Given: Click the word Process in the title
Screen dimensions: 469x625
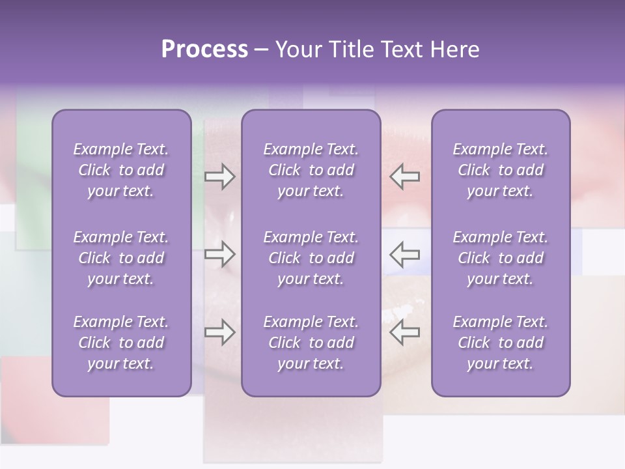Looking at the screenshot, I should pyautogui.click(x=204, y=50).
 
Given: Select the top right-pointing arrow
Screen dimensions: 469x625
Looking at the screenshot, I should pyautogui.click(x=219, y=177).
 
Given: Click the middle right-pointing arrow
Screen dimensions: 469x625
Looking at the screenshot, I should pyautogui.click(x=219, y=254).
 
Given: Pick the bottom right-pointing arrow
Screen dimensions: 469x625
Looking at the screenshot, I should pyautogui.click(x=219, y=332).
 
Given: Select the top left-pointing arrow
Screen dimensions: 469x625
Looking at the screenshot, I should pyautogui.click(x=405, y=177).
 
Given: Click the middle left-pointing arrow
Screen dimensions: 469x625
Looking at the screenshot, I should pyautogui.click(x=405, y=254).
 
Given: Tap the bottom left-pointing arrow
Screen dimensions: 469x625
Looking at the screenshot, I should pyautogui.click(x=405, y=332).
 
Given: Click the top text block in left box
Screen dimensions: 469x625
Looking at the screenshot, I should pyautogui.click(x=121, y=170).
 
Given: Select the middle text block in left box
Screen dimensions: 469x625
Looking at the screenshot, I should pyautogui.click(x=121, y=258).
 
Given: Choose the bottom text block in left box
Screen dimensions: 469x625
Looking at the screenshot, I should pyautogui.click(x=121, y=343).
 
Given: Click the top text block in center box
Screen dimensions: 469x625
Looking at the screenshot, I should pyautogui.click(x=311, y=170).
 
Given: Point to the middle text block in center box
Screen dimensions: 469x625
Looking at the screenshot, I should pyautogui.click(x=311, y=258).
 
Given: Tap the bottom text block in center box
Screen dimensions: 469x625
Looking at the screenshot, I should pyautogui.click(x=311, y=343).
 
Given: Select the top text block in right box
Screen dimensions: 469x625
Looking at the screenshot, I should pyautogui.click(x=500, y=170).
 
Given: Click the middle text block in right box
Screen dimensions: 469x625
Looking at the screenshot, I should pyautogui.click(x=500, y=258).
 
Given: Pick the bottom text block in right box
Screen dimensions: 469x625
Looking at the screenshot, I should pyautogui.click(x=500, y=343).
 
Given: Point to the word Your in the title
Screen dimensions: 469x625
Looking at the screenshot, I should pyautogui.click(x=298, y=50).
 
